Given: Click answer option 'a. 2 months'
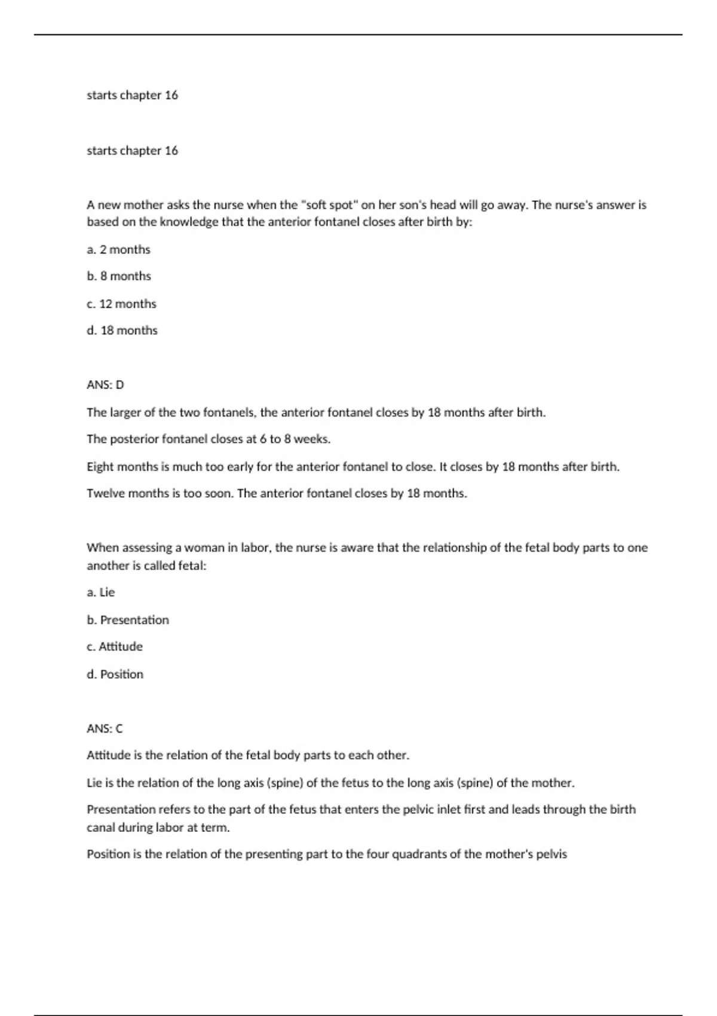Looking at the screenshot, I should [x=118, y=250].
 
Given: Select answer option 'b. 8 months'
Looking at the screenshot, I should [x=118, y=276].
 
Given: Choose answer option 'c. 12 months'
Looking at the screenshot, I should [x=121, y=304].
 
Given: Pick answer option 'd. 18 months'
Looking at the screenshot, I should [x=122, y=330].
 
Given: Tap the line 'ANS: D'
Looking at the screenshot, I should [x=105, y=385].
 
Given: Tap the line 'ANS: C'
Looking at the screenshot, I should [x=105, y=729].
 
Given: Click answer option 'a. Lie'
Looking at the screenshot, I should [x=100, y=592].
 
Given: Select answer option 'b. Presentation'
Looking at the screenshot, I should [x=128, y=620].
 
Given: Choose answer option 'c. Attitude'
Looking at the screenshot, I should [x=115, y=647].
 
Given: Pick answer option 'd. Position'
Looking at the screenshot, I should [x=115, y=674].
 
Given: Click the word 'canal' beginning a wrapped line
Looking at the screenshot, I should [x=100, y=828].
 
